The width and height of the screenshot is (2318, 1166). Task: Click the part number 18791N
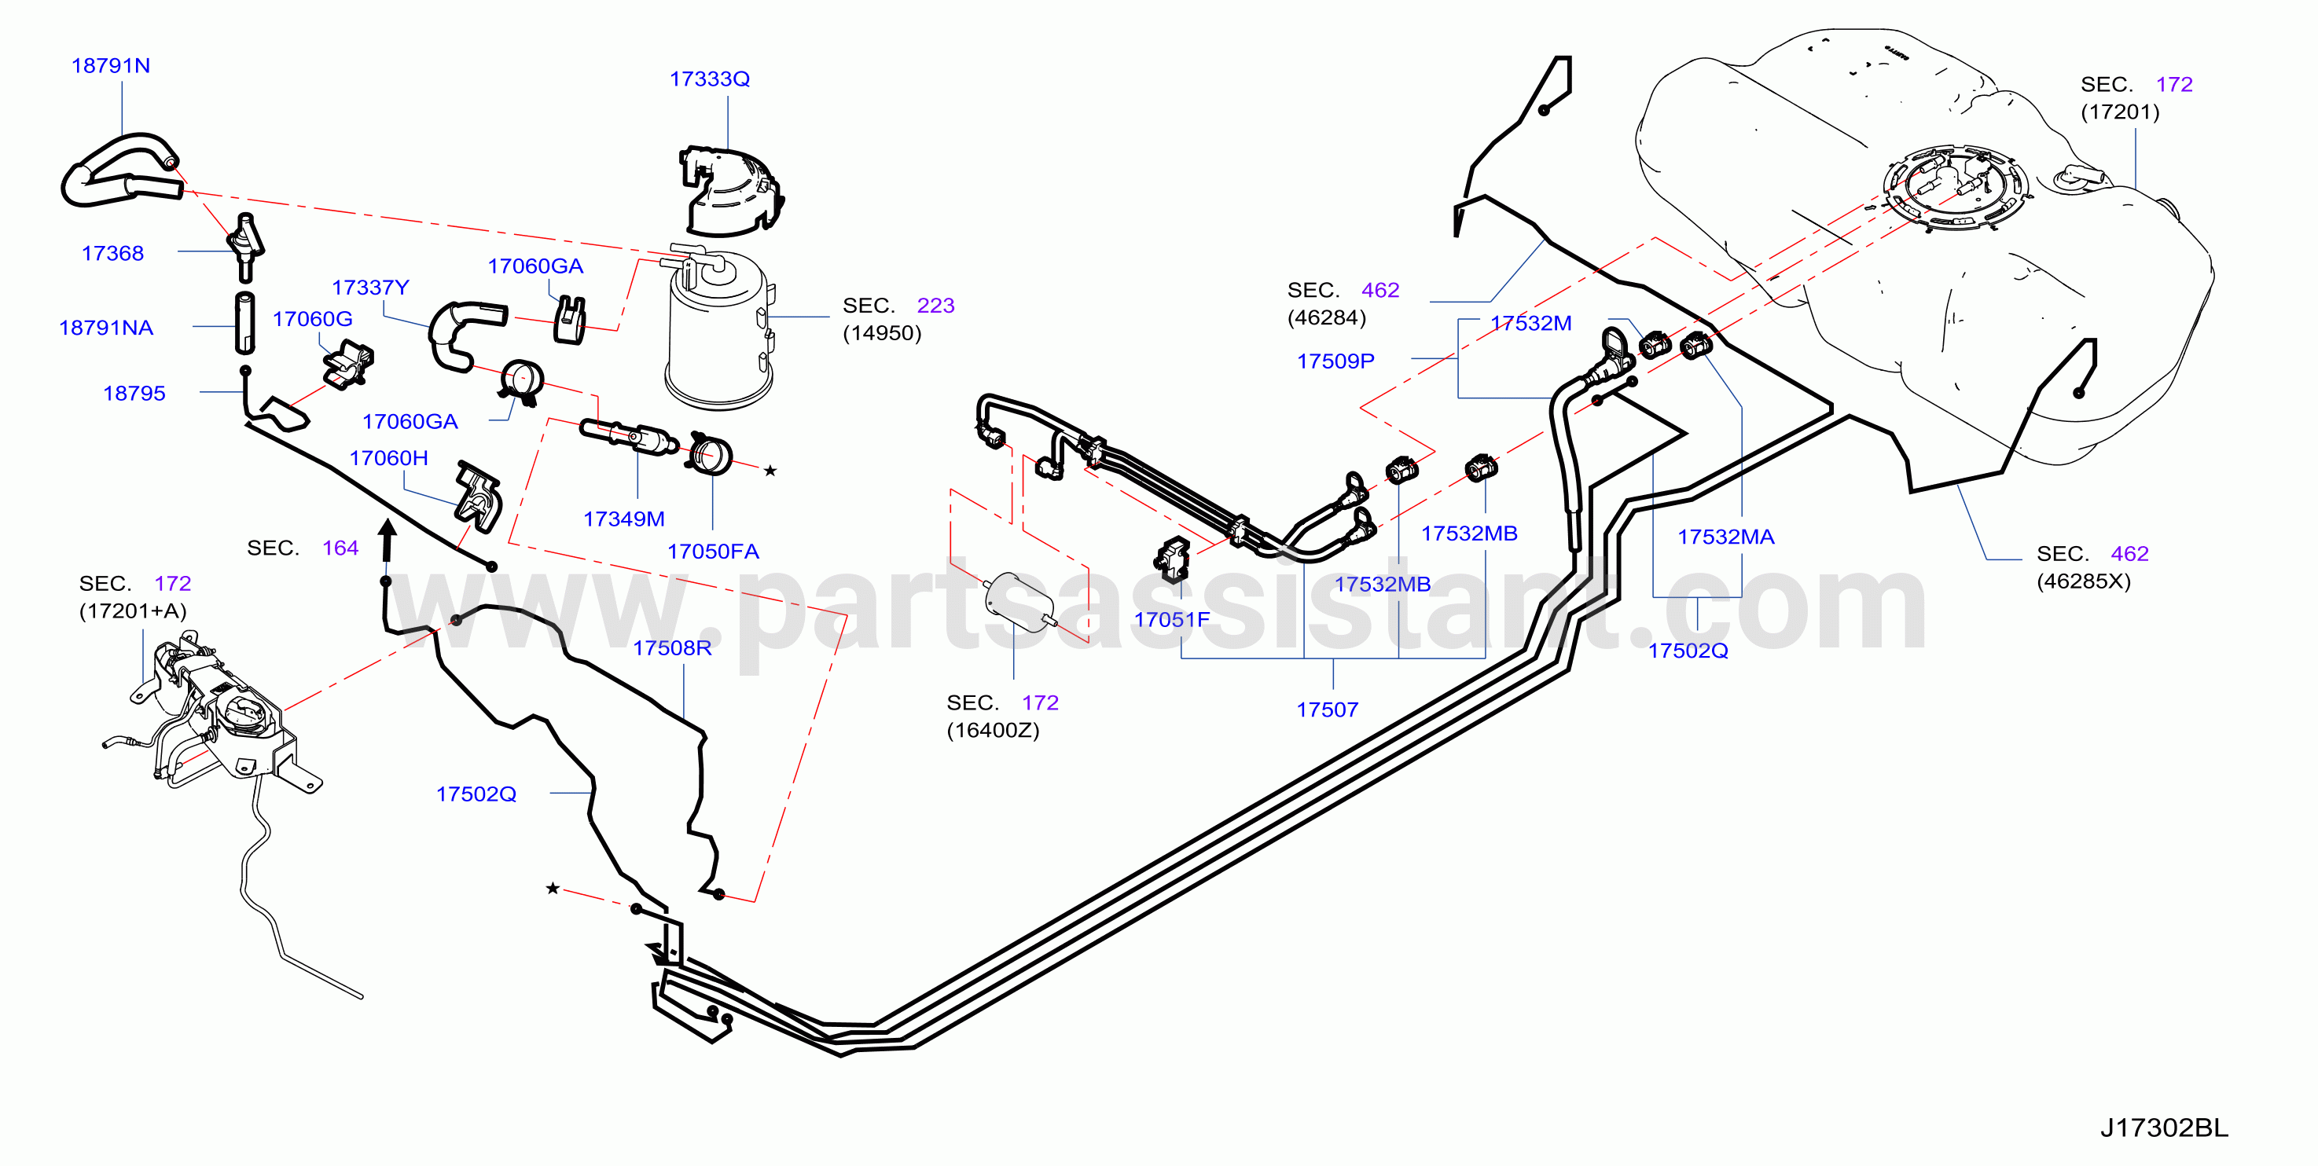point(111,66)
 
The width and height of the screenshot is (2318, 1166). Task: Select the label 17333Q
point(709,79)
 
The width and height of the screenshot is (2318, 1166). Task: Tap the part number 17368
point(112,254)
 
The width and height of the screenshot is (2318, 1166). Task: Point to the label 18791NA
point(106,328)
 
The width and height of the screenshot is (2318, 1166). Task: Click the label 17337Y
point(370,288)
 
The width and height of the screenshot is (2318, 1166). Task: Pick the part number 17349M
point(623,519)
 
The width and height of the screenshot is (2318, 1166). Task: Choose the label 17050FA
point(713,552)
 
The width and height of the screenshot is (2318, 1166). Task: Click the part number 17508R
point(671,649)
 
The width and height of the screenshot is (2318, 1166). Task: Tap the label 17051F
point(1172,620)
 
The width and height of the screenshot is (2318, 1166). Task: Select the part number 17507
point(1326,709)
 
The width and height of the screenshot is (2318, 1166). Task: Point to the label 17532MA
point(1725,537)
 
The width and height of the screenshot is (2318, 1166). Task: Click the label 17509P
point(1335,361)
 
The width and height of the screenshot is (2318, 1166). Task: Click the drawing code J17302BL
point(2164,1128)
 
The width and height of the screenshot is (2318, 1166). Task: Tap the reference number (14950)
point(882,334)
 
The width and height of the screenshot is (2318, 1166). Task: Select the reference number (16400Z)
point(993,731)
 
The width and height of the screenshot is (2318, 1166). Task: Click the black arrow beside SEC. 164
point(387,541)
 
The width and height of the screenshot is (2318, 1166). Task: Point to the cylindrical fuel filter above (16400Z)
point(1019,598)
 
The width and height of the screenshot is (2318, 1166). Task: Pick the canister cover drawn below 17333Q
point(729,191)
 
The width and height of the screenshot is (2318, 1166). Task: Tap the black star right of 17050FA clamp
point(770,471)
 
